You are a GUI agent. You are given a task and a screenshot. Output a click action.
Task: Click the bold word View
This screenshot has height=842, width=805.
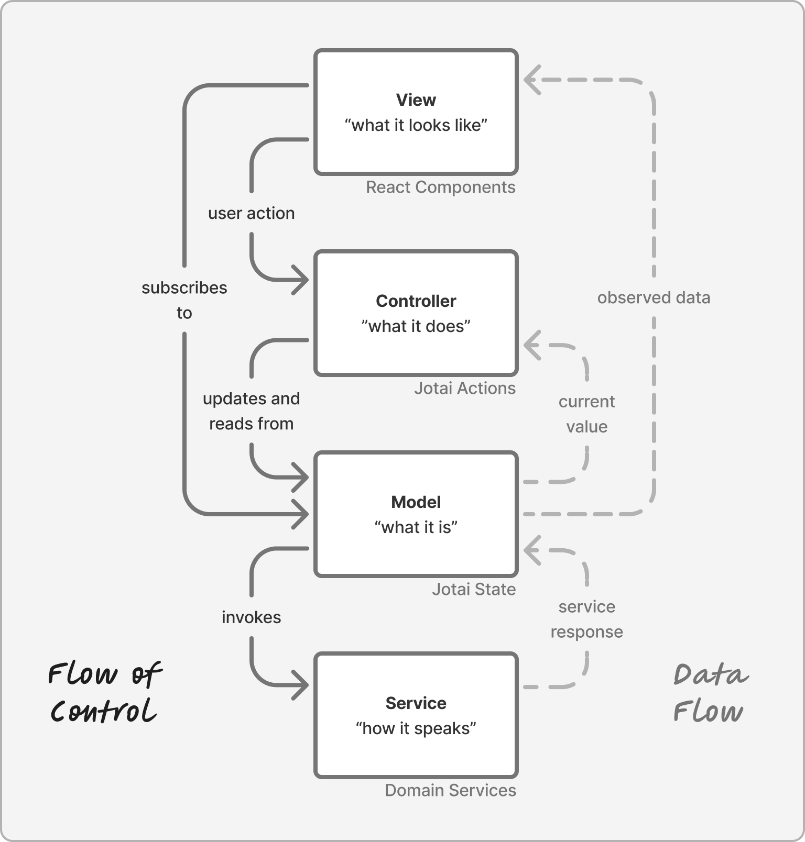[416, 99]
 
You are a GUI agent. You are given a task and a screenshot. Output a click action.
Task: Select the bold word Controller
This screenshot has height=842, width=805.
[416, 301]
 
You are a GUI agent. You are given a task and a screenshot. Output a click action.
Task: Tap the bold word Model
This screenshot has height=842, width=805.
[416, 502]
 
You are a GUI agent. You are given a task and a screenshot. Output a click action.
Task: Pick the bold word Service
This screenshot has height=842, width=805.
[416, 703]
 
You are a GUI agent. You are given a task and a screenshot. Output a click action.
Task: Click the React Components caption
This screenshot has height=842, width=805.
[440, 187]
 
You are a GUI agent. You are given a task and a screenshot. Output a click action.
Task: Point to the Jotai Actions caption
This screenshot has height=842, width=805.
[464, 388]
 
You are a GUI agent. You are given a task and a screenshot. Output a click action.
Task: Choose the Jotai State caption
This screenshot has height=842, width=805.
[473, 589]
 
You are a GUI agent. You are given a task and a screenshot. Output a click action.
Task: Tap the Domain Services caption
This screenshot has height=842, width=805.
[450, 790]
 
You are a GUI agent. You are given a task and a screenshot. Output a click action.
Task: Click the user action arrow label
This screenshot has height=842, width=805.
[251, 213]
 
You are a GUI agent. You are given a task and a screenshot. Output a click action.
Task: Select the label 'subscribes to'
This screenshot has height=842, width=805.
[184, 300]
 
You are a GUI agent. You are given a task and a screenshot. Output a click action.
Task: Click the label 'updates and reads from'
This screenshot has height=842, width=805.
[251, 411]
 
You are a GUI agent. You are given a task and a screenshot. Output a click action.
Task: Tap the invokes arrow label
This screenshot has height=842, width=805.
[251, 617]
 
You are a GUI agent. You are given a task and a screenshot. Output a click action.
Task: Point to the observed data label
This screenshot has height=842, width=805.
[654, 297]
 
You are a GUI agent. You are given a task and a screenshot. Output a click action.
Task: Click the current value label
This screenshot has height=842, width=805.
[586, 414]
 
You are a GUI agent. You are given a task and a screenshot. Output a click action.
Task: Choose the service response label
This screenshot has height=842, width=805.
[586, 619]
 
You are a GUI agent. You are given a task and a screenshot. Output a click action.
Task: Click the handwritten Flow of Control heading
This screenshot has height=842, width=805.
[104, 692]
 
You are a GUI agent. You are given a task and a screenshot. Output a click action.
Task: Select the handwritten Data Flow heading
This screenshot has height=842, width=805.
[710, 692]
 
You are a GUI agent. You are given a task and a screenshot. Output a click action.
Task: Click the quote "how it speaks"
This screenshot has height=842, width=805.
[416, 728]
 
